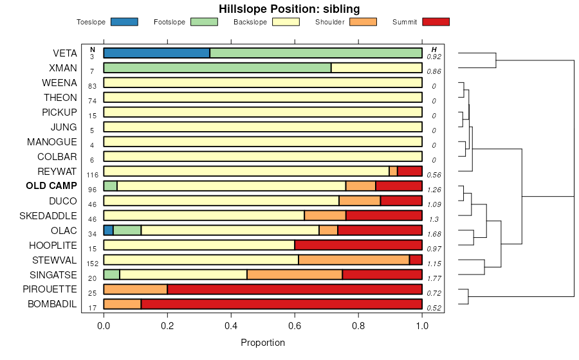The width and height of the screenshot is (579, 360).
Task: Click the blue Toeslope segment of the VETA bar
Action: click(156, 53)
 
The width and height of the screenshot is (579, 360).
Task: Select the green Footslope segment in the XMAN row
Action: click(217, 67)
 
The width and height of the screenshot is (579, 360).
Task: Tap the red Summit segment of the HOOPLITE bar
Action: click(358, 245)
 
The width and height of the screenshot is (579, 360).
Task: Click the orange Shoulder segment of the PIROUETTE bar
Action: click(135, 289)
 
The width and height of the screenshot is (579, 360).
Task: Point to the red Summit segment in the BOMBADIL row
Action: click(281, 304)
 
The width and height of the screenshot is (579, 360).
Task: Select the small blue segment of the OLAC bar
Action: click(108, 230)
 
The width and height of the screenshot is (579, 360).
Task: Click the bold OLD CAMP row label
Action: click(51, 186)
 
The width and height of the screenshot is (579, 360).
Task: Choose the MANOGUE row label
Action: click(52, 141)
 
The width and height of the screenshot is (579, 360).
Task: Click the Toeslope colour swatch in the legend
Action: click(124, 22)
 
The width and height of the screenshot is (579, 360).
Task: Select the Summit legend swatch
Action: click(436, 22)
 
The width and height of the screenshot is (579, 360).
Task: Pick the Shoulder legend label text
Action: click(329, 22)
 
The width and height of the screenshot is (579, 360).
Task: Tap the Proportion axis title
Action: click(262, 343)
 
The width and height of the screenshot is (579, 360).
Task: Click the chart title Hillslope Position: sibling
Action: click(289, 9)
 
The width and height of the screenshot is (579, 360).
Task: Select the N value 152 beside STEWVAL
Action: click(92, 264)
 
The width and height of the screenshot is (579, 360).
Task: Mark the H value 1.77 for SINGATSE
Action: click(434, 278)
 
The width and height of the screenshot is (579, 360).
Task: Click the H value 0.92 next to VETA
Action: click(434, 57)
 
